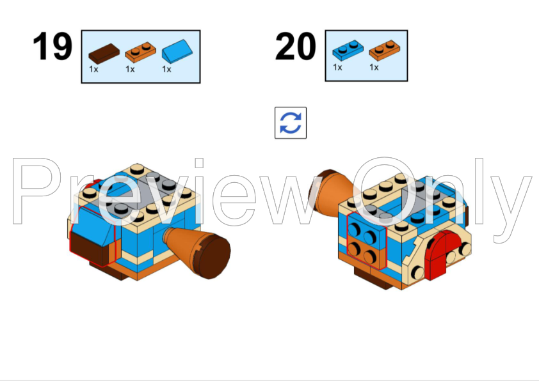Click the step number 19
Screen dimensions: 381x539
52,47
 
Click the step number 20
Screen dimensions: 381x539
295,47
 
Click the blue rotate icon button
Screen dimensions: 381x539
291,123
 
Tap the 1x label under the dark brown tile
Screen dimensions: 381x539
93,69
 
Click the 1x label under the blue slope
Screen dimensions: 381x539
166,69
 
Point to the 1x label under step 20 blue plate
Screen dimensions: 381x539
337,67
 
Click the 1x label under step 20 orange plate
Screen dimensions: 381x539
374,67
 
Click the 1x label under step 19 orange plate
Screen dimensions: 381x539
130,69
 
